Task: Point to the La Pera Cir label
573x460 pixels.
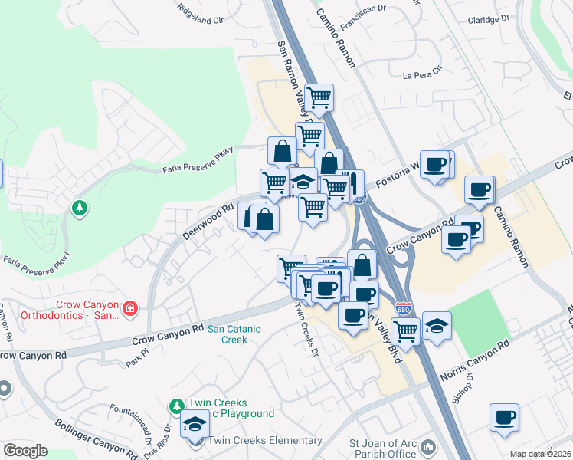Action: (423, 74)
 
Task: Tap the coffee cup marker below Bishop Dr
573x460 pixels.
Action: (504, 418)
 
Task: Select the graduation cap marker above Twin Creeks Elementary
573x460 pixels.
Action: (195, 423)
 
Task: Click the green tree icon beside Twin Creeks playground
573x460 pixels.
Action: (177, 406)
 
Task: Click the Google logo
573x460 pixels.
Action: (26, 451)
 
